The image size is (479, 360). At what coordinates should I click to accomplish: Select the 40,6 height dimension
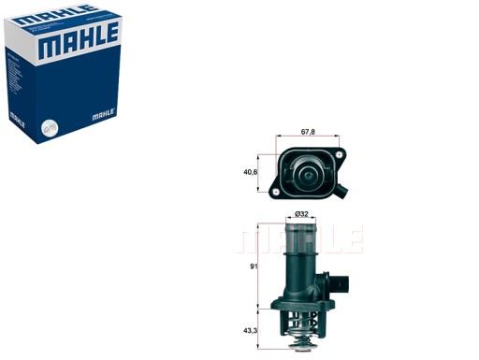click(251, 172)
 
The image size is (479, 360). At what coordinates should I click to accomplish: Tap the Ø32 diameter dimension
click(302, 215)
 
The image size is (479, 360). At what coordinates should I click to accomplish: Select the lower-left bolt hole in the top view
click(279, 194)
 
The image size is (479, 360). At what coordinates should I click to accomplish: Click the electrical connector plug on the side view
click(341, 282)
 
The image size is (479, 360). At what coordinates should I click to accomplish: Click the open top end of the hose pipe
click(302, 224)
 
